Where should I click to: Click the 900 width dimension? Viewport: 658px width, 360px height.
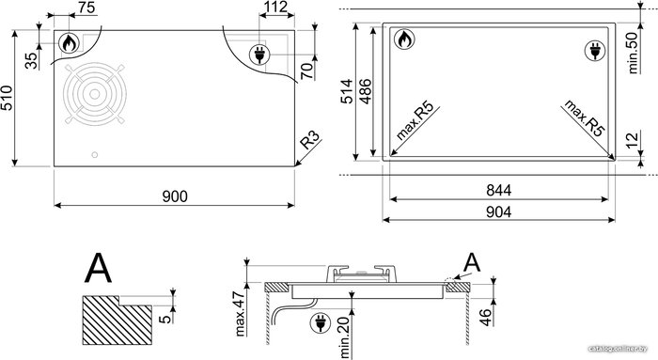(175, 196)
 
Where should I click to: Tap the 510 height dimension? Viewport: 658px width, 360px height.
(8, 98)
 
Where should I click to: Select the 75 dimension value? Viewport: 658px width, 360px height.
(86, 8)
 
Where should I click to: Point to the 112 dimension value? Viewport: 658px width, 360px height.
(276, 7)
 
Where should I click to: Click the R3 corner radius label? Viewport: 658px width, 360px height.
(309, 140)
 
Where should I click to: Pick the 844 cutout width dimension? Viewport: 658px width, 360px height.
(498, 190)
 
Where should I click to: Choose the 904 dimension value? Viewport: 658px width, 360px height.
(498, 211)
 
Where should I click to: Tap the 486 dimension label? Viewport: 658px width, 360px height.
(365, 91)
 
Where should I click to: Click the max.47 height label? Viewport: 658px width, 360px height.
(239, 313)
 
